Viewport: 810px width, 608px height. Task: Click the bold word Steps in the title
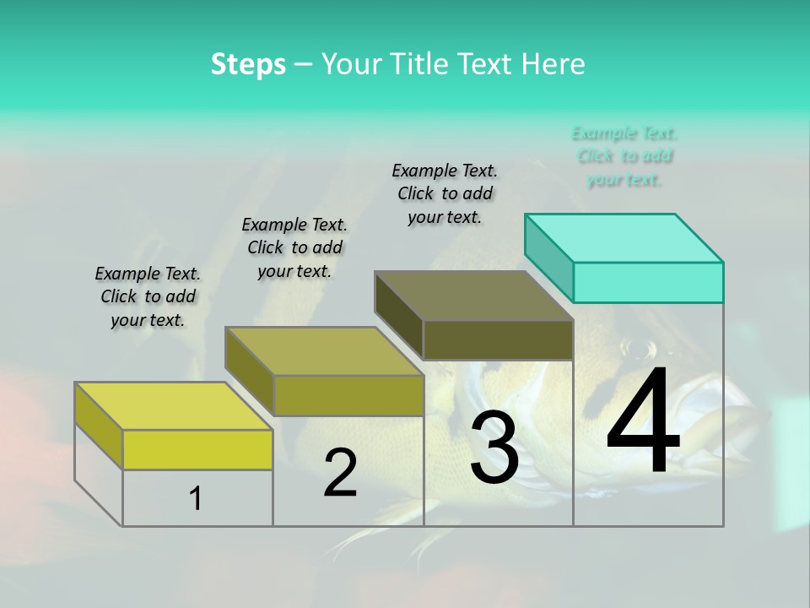[248, 64]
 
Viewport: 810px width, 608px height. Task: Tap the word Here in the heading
[553, 64]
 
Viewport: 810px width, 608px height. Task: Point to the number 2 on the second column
[340, 473]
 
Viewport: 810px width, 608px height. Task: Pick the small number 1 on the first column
[196, 499]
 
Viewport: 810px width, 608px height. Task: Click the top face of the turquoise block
[624, 238]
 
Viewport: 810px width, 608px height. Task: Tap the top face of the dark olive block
[474, 296]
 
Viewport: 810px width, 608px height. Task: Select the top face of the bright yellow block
[174, 406]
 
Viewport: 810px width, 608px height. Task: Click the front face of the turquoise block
[648, 282]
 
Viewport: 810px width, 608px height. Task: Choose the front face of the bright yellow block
[197, 449]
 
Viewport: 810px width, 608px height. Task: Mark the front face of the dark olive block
[498, 339]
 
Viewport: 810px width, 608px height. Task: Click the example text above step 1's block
[148, 296]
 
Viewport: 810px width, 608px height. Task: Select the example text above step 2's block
[294, 247]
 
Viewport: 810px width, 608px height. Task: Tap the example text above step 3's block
[445, 193]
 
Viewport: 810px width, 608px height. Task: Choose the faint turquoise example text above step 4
[624, 156]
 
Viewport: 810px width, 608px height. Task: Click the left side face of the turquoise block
[548, 257]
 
